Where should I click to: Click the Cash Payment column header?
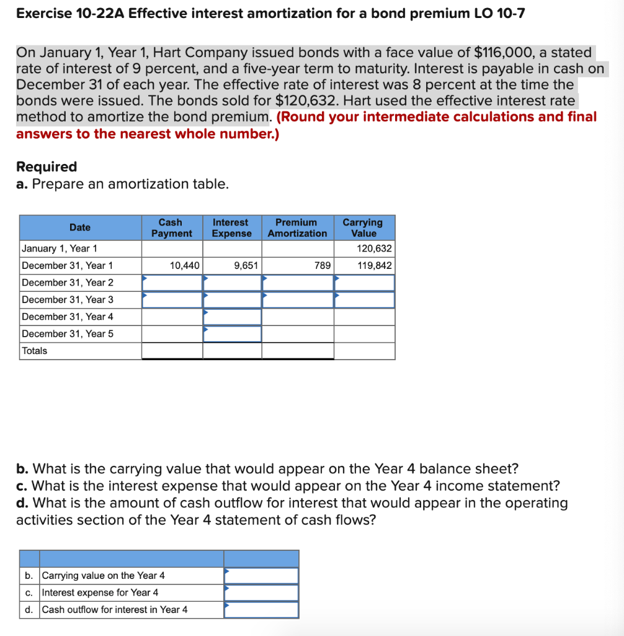click(x=172, y=227)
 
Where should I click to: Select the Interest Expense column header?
click(x=231, y=227)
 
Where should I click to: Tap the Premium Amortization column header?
click(x=297, y=227)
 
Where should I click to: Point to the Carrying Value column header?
click(x=363, y=227)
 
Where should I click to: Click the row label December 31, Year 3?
click(x=68, y=300)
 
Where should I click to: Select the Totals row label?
click(x=34, y=351)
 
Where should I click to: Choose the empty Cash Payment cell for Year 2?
click(x=172, y=283)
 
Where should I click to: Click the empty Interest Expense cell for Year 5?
click(x=232, y=334)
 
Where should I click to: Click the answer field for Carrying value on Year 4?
click(x=261, y=576)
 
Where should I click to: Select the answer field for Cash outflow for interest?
click(x=261, y=610)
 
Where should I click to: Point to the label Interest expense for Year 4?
click(x=100, y=593)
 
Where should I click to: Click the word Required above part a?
click(x=47, y=166)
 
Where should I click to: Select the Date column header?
click(x=80, y=227)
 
